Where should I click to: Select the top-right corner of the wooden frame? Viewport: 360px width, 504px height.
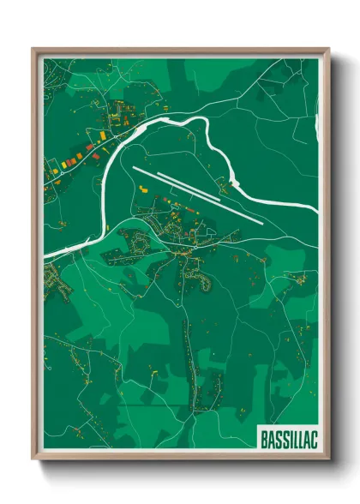[x=327, y=50]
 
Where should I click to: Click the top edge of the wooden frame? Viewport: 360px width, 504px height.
[x=180, y=51]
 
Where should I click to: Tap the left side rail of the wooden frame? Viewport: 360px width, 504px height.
[x=36, y=257]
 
